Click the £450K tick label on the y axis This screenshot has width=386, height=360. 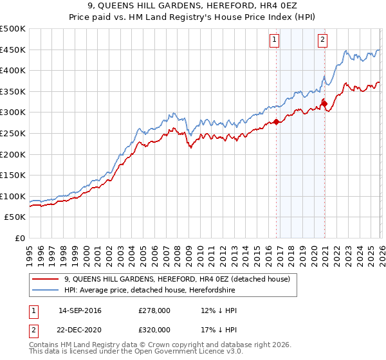pyautogui.click(x=13, y=50)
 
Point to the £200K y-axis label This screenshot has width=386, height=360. pyautogui.click(x=13, y=154)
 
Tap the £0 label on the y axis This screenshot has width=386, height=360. pyautogui.click(x=19, y=238)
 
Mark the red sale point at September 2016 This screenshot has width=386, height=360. pyautogui.click(x=276, y=122)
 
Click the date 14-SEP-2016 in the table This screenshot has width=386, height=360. pyautogui.click(x=80, y=310)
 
